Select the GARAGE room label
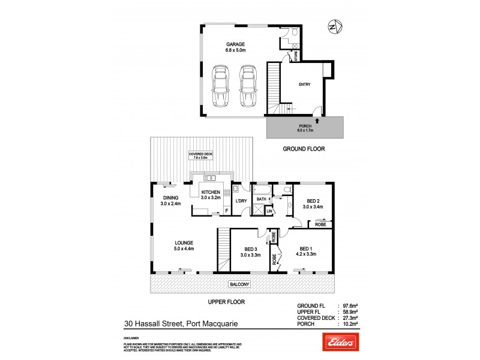point(235,44)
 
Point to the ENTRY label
point(305,85)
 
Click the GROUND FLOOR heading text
point(304,148)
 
